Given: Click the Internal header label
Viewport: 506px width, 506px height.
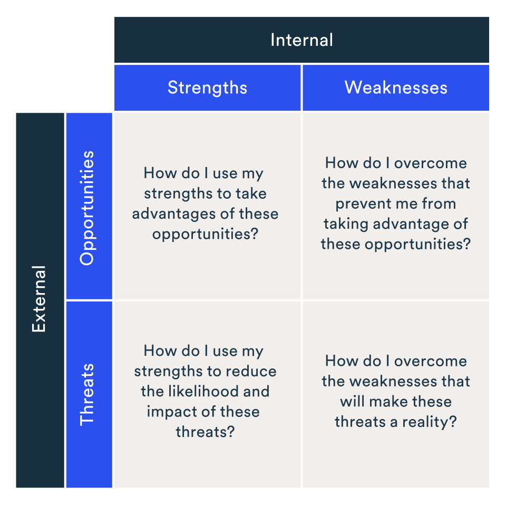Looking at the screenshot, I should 301,40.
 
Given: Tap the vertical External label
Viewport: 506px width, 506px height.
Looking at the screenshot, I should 40,299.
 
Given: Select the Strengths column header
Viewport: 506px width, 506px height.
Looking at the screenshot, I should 207,87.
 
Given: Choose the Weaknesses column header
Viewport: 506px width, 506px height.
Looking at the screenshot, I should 396,87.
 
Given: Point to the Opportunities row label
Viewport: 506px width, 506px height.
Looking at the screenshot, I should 87,208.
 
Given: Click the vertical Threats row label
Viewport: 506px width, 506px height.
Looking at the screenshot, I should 87,394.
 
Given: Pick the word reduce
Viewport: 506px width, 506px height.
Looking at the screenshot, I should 251,371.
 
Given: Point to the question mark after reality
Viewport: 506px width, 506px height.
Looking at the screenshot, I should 452,422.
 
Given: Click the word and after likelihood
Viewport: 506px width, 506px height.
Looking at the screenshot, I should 254,392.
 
